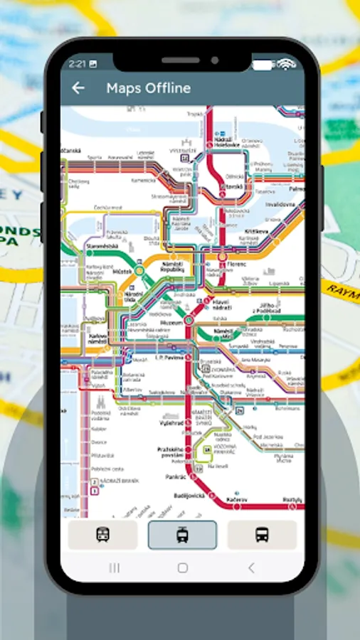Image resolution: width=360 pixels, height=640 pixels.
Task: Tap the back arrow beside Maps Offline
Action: tap(78, 88)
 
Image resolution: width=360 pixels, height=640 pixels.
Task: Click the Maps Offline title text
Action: tap(148, 88)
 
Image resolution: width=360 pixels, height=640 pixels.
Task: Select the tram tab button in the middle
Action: tap(182, 535)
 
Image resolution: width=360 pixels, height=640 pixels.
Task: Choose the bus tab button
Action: tap(262, 535)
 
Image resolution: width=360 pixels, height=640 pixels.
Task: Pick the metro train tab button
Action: tap(102, 535)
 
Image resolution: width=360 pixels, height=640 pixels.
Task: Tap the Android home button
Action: tap(182, 567)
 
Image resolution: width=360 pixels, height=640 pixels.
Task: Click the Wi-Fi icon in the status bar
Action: tap(286, 64)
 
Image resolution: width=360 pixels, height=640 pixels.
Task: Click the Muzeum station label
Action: tap(171, 322)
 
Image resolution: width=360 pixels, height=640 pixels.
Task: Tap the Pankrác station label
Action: tap(175, 476)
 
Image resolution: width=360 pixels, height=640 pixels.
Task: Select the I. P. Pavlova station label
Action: tap(169, 358)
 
